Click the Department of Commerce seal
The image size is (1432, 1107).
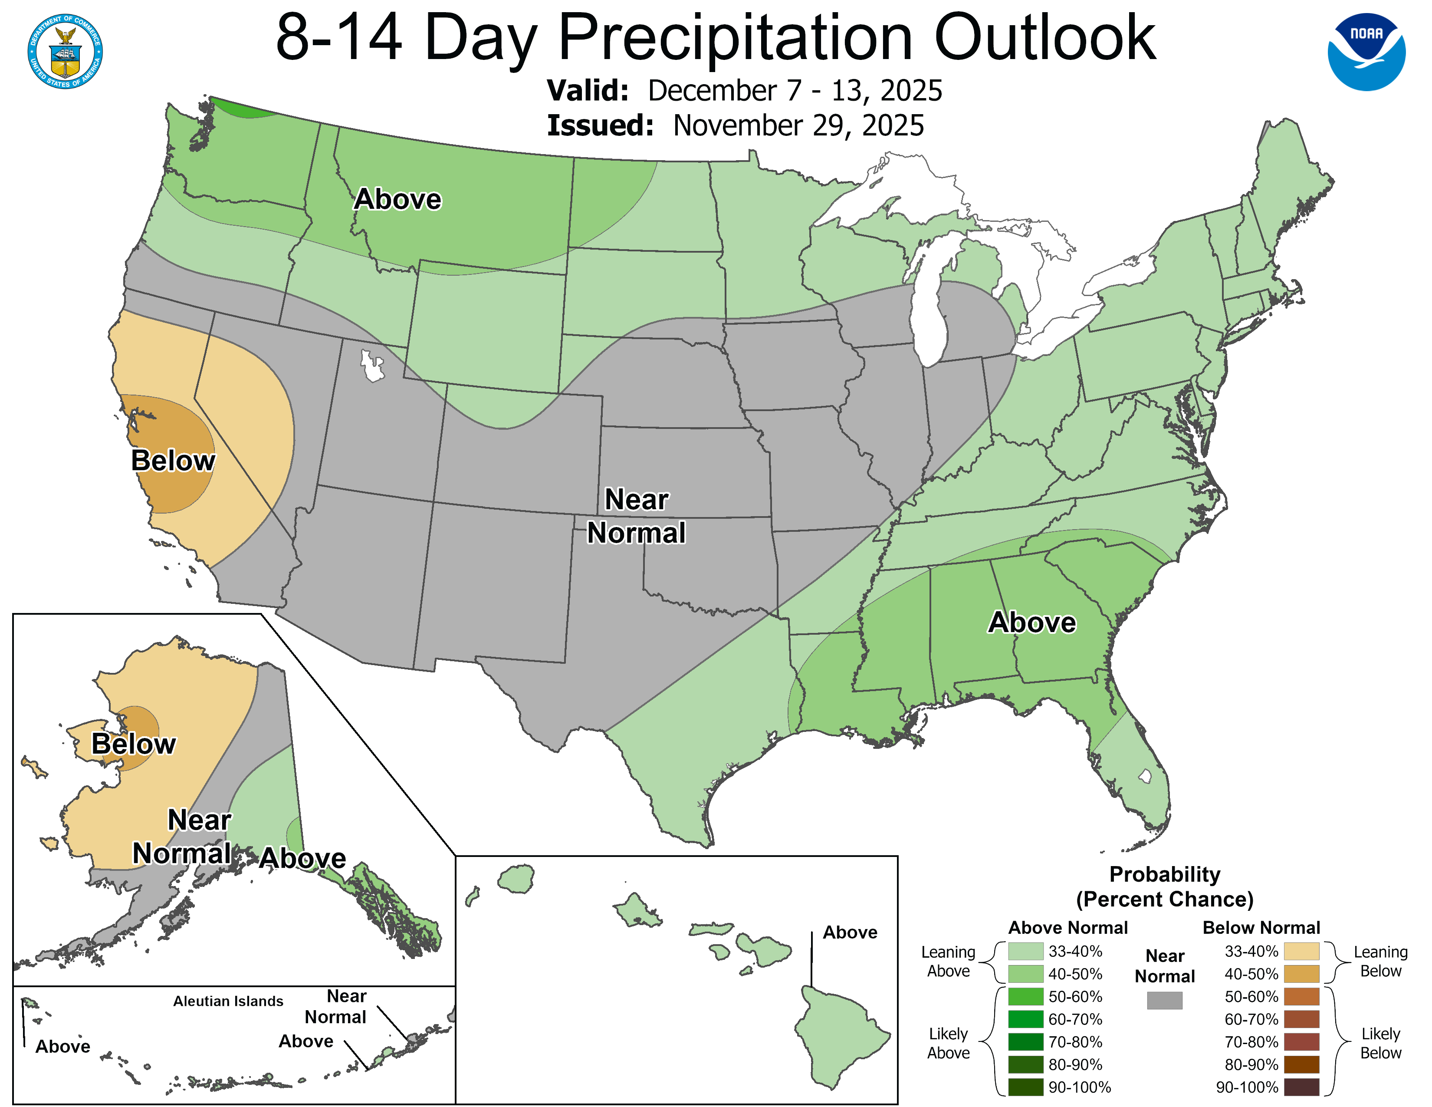pyautogui.click(x=65, y=51)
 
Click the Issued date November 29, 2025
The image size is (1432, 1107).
pyautogui.click(x=798, y=126)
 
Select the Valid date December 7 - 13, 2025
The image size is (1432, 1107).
pyautogui.click(x=795, y=90)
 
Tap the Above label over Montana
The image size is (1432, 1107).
pyautogui.click(x=397, y=199)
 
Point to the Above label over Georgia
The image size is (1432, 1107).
pyautogui.click(x=1031, y=623)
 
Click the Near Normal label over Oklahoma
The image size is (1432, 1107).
pyautogui.click(x=636, y=516)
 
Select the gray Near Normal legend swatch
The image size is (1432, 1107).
pyautogui.click(x=1165, y=1000)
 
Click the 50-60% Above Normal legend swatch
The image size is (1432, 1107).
pyautogui.click(x=1025, y=996)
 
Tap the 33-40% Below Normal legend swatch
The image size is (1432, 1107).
pyautogui.click(x=1301, y=951)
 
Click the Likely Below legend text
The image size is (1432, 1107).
pyautogui.click(x=1380, y=1043)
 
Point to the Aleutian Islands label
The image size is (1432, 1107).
pyautogui.click(x=228, y=1001)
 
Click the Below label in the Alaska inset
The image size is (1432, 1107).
pyautogui.click(x=133, y=744)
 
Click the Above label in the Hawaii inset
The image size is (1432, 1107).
pyautogui.click(x=850, y=932)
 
